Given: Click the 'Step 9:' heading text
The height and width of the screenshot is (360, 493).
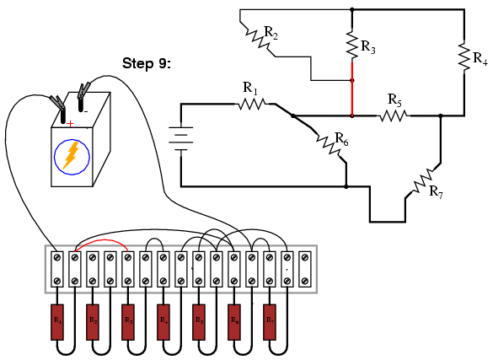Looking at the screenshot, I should pos(147,63).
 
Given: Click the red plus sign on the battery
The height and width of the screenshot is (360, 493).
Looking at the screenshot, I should pos(69,124).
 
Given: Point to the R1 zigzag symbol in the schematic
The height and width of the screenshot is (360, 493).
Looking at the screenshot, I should pos(251,104).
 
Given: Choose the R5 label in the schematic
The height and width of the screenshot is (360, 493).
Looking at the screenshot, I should pos(394,99).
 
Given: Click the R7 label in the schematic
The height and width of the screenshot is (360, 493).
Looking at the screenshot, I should pos(436,192).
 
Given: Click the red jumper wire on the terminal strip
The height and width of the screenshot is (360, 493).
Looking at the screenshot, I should pos(100,240).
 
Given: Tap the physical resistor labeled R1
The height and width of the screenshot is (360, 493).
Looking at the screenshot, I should pos(57,320).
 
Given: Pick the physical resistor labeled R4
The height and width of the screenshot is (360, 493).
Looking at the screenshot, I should pos(163,320).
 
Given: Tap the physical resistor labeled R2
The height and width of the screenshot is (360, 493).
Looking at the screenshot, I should pos(93,320).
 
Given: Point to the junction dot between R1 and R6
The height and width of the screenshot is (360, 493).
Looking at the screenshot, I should pos(293,116).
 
